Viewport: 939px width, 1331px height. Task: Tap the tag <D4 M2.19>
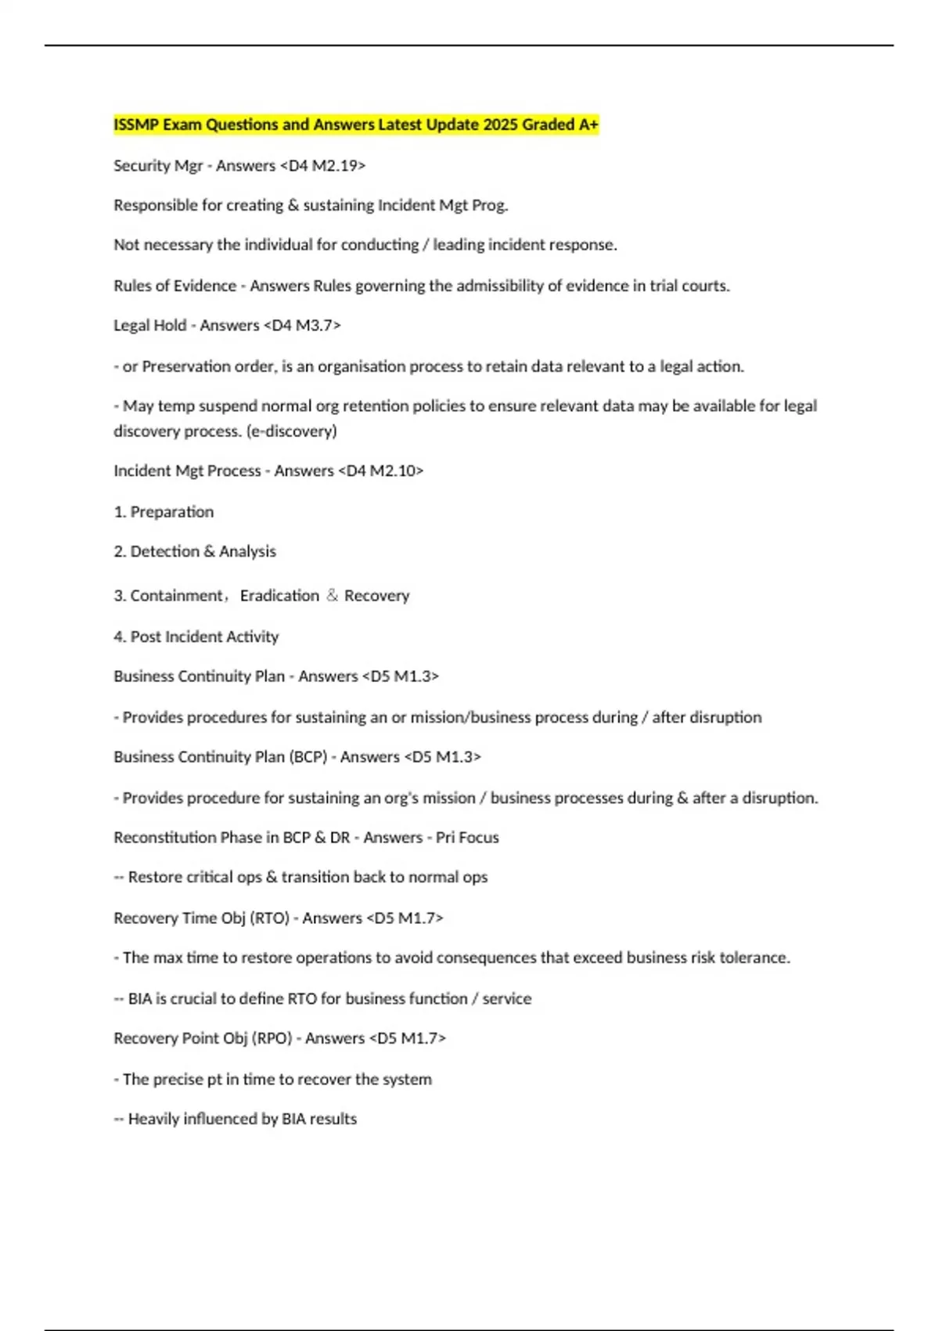click(x=322, y=165)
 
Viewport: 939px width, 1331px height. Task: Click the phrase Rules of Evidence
click(x=174, y=286)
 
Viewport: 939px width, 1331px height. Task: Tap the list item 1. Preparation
click(x=164, y=512)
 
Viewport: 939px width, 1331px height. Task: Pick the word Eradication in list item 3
click(x=279, y=596)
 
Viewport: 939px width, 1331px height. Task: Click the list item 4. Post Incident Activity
click(x=196, y=637)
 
